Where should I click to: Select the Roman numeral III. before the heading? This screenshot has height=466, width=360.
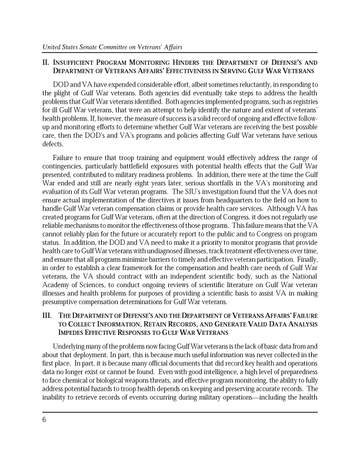tap(46, 315)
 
